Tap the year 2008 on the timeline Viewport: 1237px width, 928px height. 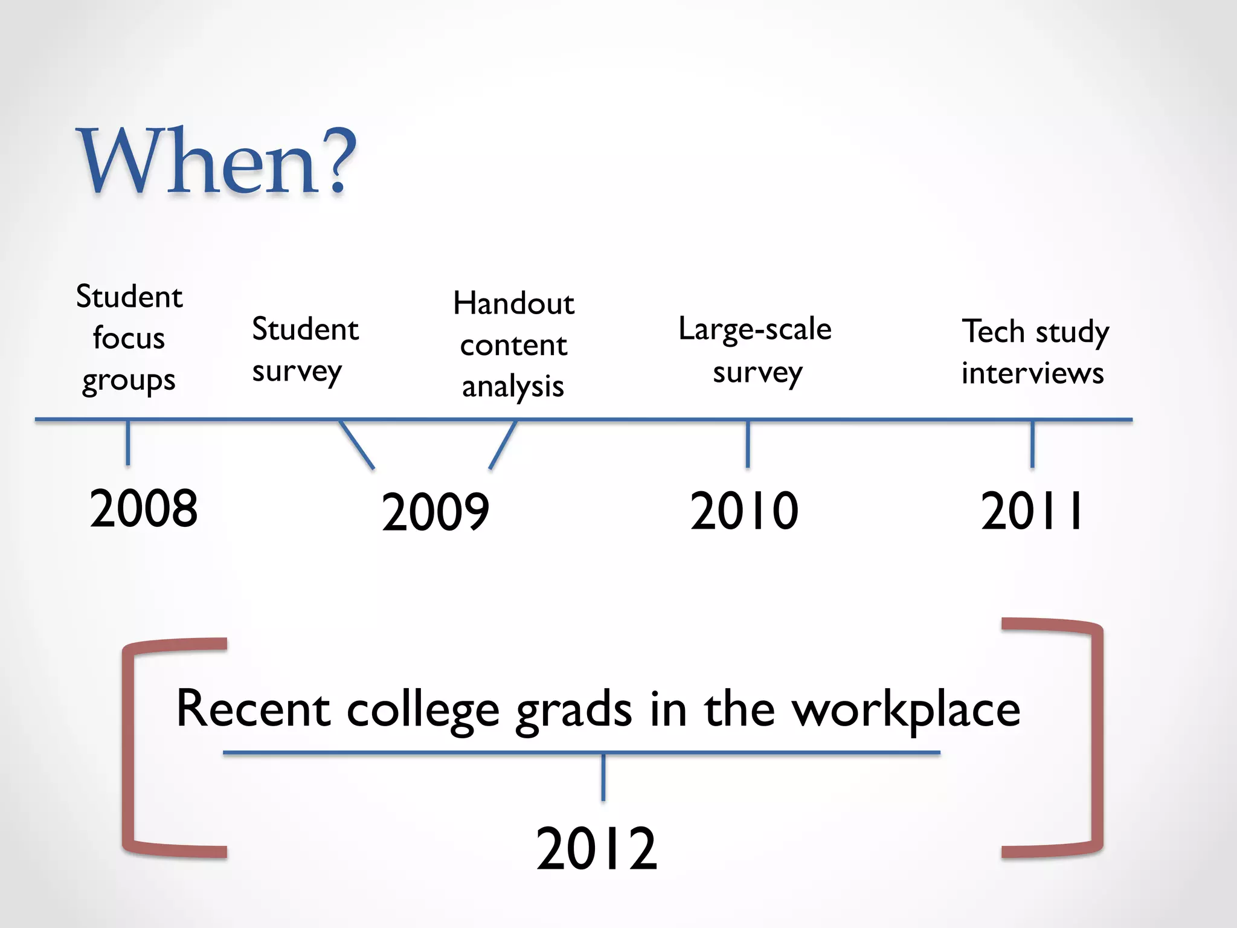tap(144, 508)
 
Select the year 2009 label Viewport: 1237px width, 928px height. tap(435, 512)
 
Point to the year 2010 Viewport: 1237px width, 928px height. tap(744, 511)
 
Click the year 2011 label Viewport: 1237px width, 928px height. tap(1032, 511)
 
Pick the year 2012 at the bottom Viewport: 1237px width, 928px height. tap(596, 849)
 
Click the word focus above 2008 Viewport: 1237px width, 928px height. tap(129, 338)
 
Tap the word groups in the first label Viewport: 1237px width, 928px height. tap(129, 381)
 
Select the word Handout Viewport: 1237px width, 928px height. tap(513, 303)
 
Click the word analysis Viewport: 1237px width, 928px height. tap(513, 387)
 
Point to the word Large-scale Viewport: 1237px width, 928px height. tap(755, 330)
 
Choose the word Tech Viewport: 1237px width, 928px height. tap(994, 331)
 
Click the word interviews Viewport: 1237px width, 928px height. tap(1032, 373)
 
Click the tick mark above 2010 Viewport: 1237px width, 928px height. tap(748, 443)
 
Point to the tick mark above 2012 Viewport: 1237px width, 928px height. tap(603, 777)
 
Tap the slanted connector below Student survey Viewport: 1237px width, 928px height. tap(357, 445)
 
